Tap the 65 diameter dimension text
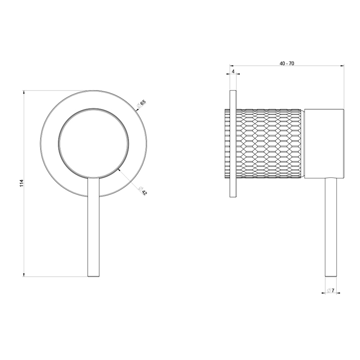click(143, 102)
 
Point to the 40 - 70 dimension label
click(287, 63)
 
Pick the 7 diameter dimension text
click(333, 291)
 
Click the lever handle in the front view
click(93, 229)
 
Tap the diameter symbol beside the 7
click(329, 291)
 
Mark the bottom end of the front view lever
click(93, 276)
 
